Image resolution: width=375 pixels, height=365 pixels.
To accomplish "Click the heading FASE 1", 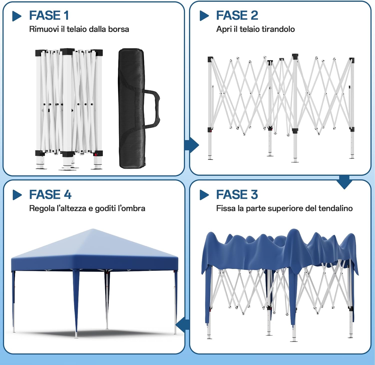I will pos(49,16).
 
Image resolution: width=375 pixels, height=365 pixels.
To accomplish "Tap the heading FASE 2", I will pos(237,16).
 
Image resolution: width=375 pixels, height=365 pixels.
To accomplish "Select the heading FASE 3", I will pos(237,195).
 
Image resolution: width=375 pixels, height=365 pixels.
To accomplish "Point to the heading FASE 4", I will pos(50,195).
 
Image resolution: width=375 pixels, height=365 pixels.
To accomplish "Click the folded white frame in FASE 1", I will pos(69,109).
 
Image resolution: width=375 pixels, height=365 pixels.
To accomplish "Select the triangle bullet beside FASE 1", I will pos(17,16).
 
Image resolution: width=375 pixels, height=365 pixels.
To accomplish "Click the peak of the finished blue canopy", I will pos(93,230).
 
